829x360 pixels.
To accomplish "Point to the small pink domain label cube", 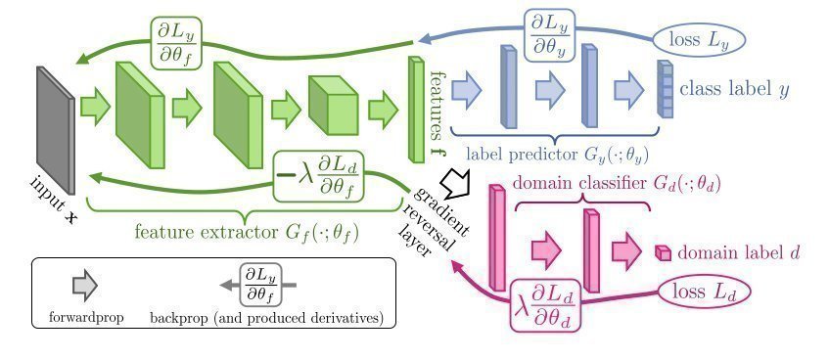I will (663, 253).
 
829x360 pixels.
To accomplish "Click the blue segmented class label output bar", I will (665, 90).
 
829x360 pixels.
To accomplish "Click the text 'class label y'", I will (734, 90).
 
